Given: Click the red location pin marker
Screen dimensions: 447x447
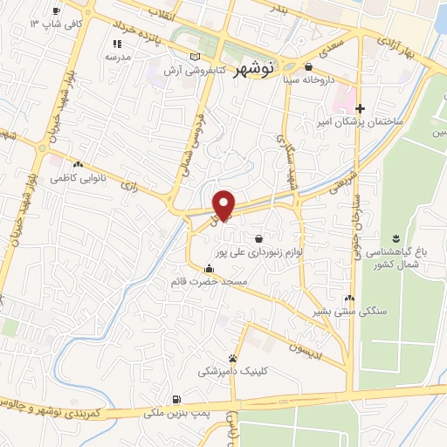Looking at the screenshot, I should [x=224, y=203].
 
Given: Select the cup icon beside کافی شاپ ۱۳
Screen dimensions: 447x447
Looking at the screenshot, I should [x=56, y=11].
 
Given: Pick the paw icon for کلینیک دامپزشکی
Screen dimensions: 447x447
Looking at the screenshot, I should [x=233, y=358].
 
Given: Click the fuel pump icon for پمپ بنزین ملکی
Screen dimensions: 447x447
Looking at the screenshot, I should [x=178, y=397].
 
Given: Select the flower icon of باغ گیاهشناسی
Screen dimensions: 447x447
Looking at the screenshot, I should [x=395, y=238].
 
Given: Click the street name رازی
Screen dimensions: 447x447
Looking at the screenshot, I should [x=130, y=185].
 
